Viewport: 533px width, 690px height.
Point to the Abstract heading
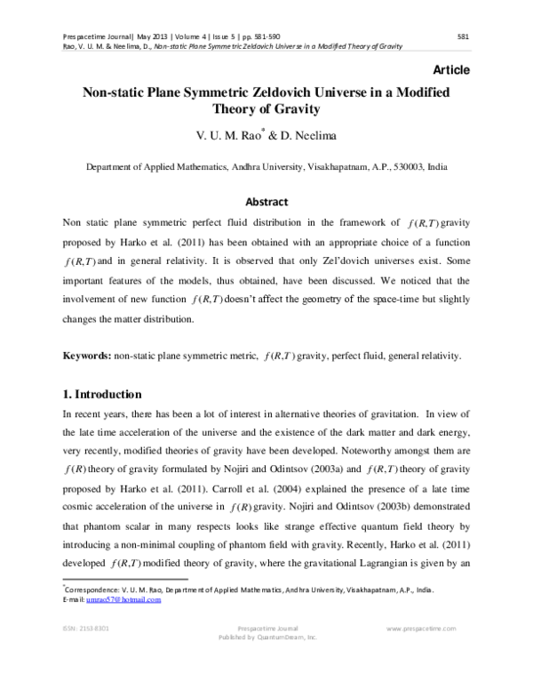pos(266,202)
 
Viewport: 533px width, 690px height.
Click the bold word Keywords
pos(86,356)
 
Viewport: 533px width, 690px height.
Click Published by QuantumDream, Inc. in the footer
pos(266,638)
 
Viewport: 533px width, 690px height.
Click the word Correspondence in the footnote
pos(91,590)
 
